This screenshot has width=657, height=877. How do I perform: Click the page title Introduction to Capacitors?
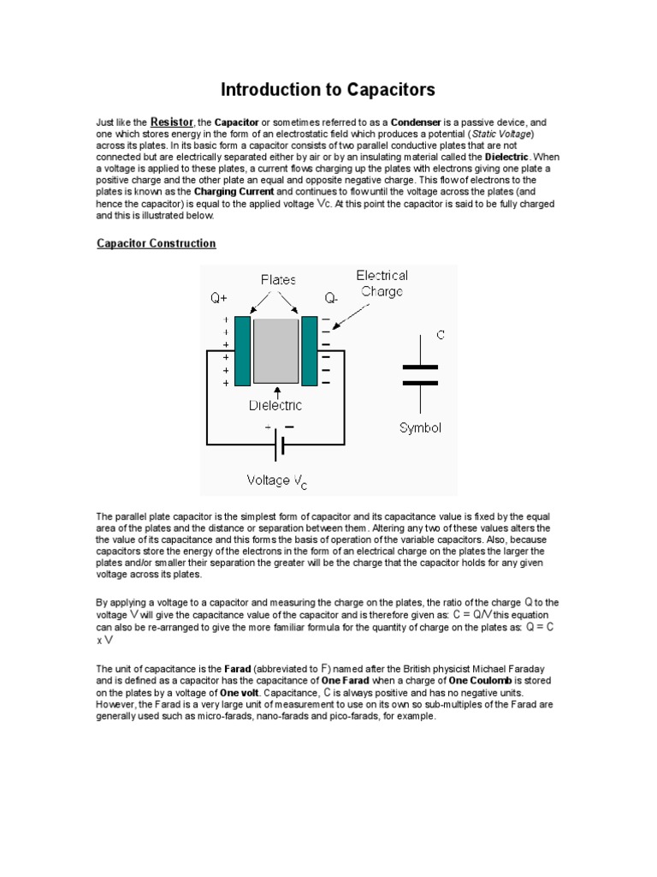[x=328, y=89]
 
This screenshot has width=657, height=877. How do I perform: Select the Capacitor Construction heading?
[x=156, y=244]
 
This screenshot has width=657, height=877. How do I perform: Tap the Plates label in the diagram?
[x=279, y=279]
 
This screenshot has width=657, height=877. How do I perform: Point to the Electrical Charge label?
[x=382, y=283]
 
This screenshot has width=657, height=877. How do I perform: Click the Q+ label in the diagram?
[x=221, y=299]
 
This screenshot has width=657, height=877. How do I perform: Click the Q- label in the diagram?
[x=331, y=299]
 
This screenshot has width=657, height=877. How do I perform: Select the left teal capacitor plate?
[x=242, y=350]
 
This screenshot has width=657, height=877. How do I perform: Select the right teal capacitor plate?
[x=309, y=350]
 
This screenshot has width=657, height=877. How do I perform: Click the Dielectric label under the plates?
[x=275, y=405]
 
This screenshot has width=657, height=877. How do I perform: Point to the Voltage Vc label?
[x=276, y=481]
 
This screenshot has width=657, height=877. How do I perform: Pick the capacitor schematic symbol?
[x=419, y=374]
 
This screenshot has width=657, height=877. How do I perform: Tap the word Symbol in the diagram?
[x=421, y=427]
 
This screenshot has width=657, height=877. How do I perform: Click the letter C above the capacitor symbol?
[x=441, y=335]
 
